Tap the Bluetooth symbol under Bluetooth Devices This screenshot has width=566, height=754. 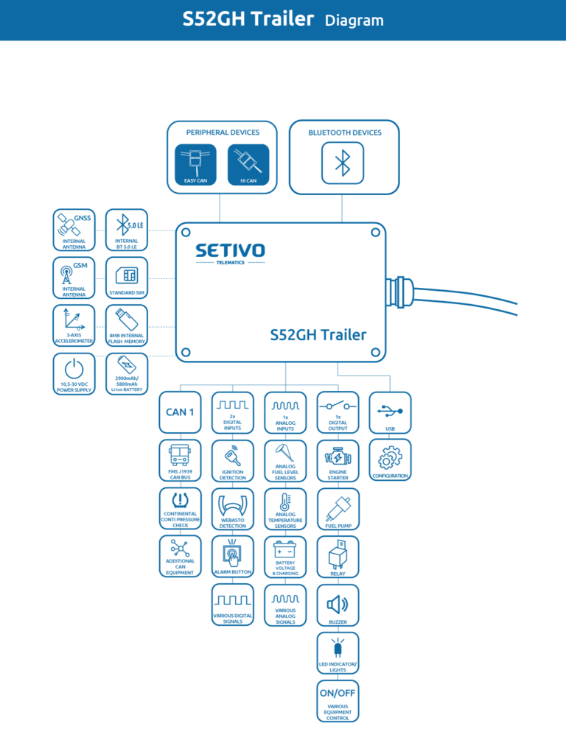(343, 163)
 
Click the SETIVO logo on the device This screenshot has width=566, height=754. (230, 251)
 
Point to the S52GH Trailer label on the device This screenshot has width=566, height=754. (318, 335)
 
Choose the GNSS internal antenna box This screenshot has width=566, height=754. (74, 230)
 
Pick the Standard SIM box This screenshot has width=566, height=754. (127, 278)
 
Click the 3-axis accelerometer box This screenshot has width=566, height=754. (74, 325)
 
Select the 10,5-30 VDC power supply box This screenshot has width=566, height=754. (74, 373)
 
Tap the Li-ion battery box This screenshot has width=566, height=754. (127, 373)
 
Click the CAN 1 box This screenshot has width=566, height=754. (180, 412)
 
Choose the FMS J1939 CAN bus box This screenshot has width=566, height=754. (180, 460)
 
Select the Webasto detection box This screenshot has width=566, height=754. (233, 509)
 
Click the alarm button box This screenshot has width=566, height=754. (233, 557)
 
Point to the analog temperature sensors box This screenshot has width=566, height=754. (285, 509)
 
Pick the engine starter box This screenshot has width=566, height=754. (338, 460)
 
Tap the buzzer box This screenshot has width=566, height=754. (338, 605)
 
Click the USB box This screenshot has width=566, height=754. (391, 412)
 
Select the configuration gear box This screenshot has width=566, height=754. (391, 460)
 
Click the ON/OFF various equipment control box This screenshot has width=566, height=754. (338, 701)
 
